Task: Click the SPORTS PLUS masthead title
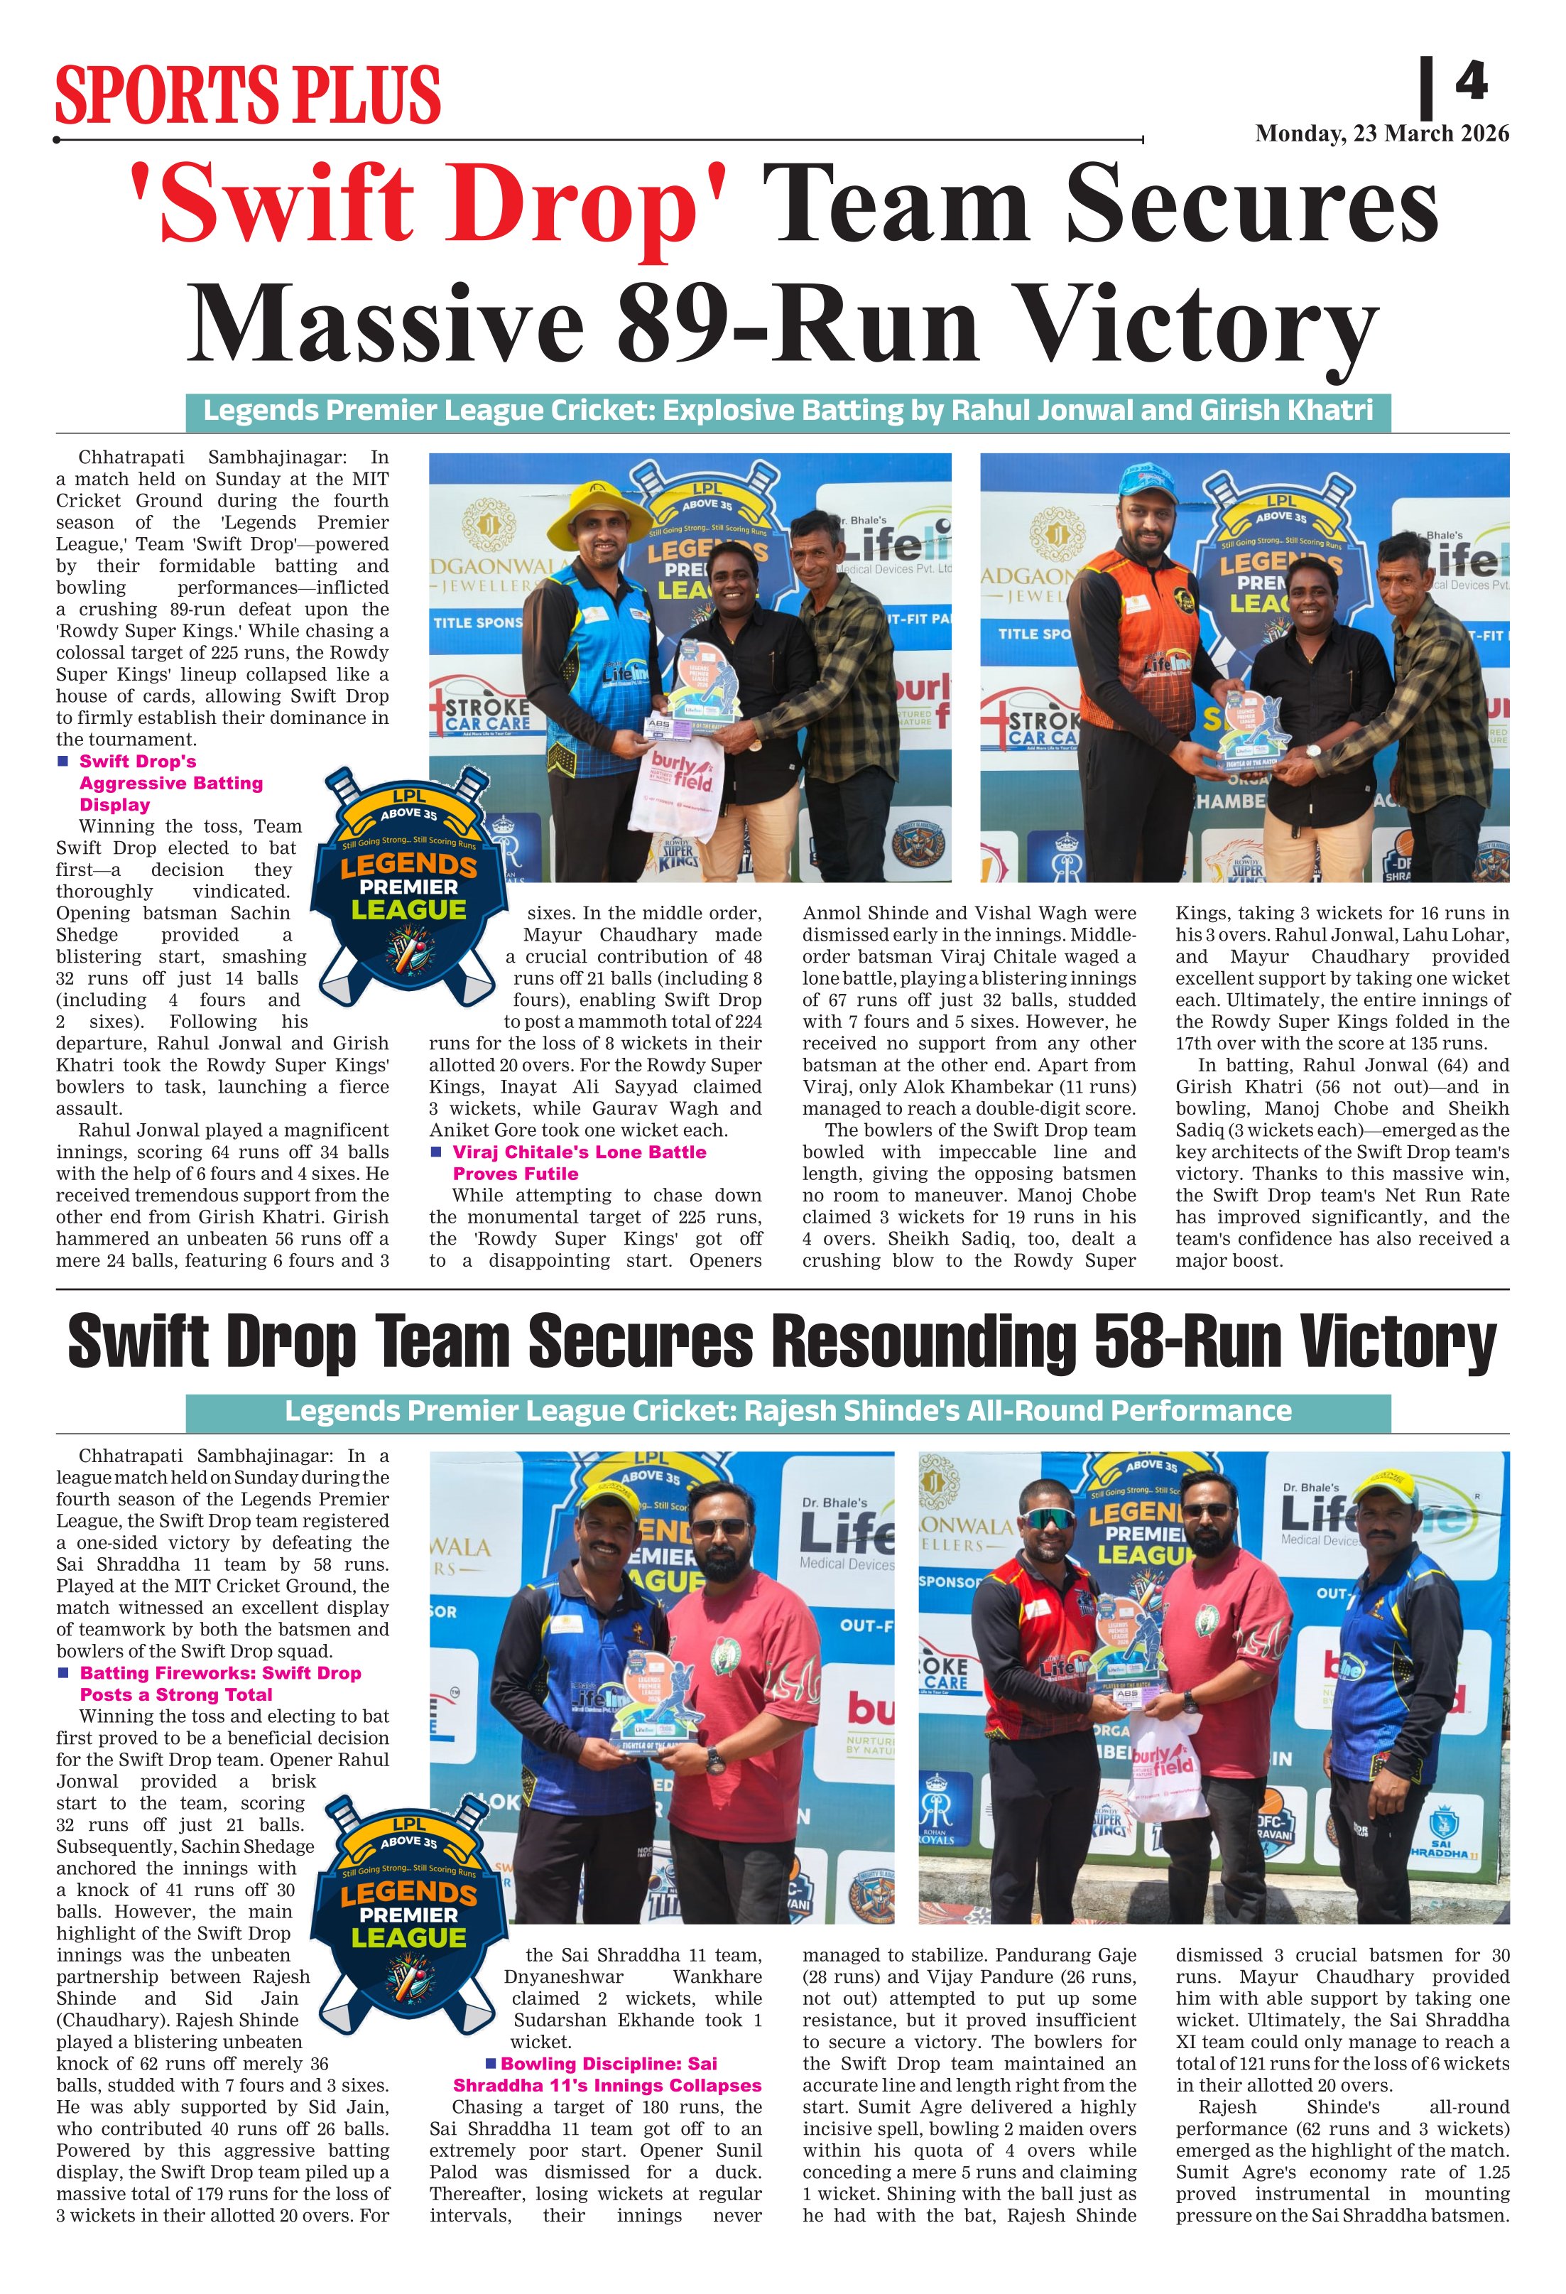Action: pos(248,94)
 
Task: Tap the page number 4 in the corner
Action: pos(1470,81)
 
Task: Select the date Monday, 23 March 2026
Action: pos(1381,134)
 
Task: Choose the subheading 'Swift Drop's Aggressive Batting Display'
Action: pos(170,783)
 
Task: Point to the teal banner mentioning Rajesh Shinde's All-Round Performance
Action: pos(788,1410)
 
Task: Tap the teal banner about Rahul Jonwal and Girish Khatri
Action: pos(788,410)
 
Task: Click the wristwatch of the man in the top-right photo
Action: pos(1315,750)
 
